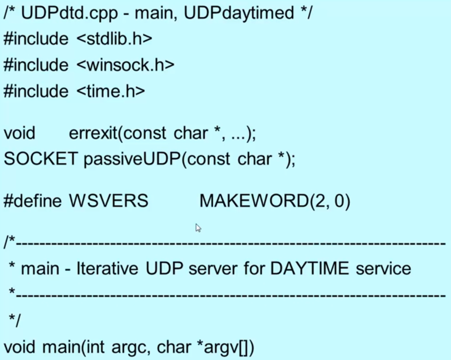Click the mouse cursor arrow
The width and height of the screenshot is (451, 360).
[x=198, y=228]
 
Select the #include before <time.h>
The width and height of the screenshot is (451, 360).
[x=36, y=92]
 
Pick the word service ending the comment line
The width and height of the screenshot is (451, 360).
[x=383, y=268]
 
